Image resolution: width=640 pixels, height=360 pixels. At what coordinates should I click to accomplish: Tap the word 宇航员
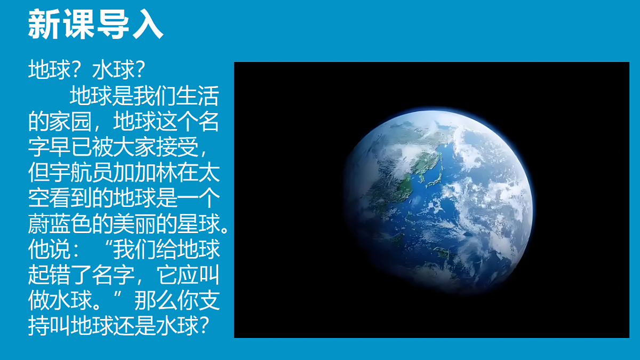coord(81,174)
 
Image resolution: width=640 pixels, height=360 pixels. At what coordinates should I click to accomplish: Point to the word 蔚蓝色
coord(60,224)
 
